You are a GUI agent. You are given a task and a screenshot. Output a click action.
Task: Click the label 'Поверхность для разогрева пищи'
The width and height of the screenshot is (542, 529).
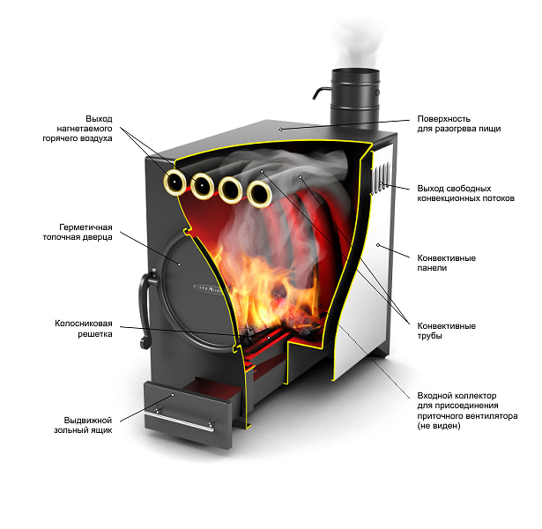click(458, 123)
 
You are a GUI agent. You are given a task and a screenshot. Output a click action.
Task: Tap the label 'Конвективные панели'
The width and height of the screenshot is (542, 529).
click(446, 263)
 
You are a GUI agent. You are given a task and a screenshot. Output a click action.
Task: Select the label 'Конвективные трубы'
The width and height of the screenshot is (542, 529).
click(446, 331)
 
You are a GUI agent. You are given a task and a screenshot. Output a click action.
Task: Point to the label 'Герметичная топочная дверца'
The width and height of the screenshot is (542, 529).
click(78, 232)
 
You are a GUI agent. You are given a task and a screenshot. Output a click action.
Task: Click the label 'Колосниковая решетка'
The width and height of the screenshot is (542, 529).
click(84, 329)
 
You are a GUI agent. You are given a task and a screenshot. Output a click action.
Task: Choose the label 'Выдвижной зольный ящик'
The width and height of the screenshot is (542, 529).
click(83, 425)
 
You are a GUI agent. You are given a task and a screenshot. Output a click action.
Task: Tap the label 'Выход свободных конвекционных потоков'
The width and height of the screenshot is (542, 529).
click(465, 193)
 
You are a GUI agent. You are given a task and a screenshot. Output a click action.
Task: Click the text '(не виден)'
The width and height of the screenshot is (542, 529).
click(439, 426)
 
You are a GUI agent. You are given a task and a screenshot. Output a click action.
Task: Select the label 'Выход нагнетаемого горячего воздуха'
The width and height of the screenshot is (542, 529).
click(78, 128)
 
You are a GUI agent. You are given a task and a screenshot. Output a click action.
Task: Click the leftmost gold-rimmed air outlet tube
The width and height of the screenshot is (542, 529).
click(174, 182)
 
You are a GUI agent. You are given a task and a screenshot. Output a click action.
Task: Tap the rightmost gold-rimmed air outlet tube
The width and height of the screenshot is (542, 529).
click(259, 194)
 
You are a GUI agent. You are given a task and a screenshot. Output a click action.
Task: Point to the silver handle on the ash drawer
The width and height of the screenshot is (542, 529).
click(179, 421)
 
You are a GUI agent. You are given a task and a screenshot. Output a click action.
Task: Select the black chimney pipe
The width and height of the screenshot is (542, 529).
click(355, 98)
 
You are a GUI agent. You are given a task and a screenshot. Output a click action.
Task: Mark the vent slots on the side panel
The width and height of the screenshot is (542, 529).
click(381, 178)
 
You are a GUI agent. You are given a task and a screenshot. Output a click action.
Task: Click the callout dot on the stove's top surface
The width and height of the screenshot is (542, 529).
click(280, 129)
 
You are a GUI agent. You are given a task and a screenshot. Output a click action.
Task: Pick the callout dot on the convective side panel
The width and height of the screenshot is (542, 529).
click(378, 245)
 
